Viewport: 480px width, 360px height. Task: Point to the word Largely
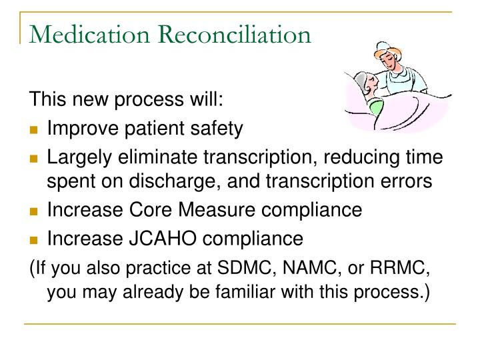pos(77,158)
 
